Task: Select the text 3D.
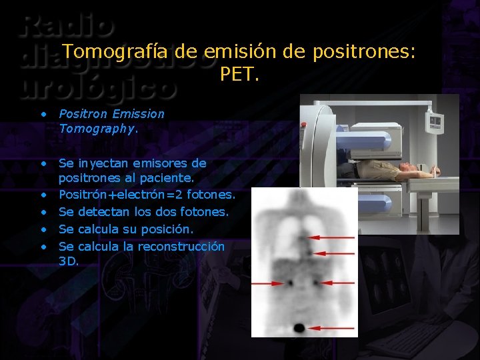[68, 261]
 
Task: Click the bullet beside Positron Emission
[43, 114]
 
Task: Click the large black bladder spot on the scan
[298, 327]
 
